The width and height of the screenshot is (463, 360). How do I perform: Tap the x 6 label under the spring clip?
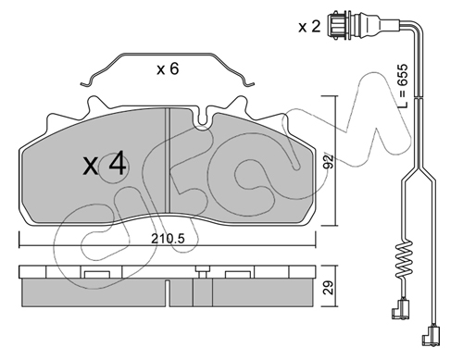168,68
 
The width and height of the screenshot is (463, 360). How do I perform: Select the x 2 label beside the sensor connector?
309,27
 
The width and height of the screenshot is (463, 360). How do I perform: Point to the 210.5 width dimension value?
168,238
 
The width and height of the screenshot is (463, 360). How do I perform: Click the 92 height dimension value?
330,161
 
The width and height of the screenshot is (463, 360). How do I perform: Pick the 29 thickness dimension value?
330,287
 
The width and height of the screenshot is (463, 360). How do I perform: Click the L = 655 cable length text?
403,86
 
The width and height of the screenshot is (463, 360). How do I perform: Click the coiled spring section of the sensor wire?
404,258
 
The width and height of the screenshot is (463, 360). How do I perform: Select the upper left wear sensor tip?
401,309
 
